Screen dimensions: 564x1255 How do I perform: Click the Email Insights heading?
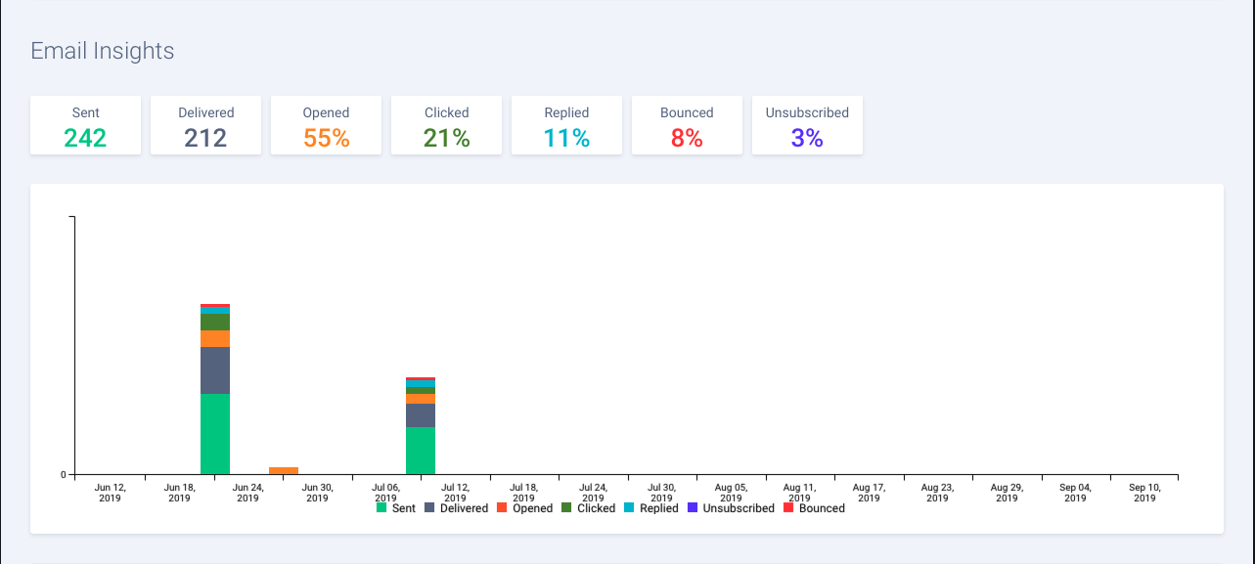103,51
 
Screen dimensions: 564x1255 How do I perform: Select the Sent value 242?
85,138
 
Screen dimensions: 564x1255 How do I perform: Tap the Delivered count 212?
205,138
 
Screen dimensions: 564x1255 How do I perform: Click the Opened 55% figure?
326,138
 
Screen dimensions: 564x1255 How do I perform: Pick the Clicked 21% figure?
446,138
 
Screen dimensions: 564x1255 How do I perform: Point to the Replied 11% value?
566,138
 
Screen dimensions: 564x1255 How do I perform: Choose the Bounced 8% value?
687,138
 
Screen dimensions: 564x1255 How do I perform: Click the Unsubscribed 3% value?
807,138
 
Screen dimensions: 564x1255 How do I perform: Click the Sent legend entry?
396,508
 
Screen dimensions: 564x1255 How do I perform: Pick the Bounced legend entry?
814,508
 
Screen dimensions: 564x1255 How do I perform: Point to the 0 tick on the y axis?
64,475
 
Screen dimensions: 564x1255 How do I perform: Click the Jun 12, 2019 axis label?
111,492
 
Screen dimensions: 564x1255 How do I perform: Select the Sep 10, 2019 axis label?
1144,492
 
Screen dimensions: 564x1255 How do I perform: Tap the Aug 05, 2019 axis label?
731,492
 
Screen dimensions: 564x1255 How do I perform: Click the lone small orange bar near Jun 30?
284,471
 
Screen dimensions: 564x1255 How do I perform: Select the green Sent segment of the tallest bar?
215,434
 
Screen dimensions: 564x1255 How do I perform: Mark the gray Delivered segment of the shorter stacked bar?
421,415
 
